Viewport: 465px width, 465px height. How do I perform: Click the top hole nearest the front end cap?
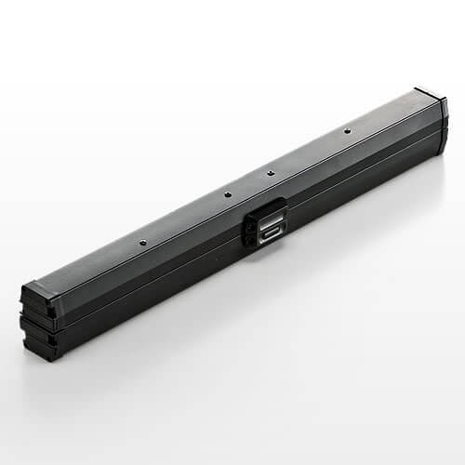tap(142, 244)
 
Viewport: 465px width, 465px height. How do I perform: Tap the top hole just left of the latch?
tap(227, 194)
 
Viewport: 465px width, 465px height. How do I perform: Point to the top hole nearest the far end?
tap(347, 130)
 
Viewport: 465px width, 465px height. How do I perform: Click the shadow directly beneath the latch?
tap(270, 253)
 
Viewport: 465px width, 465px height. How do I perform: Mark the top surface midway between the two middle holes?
tap(248, 183)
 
